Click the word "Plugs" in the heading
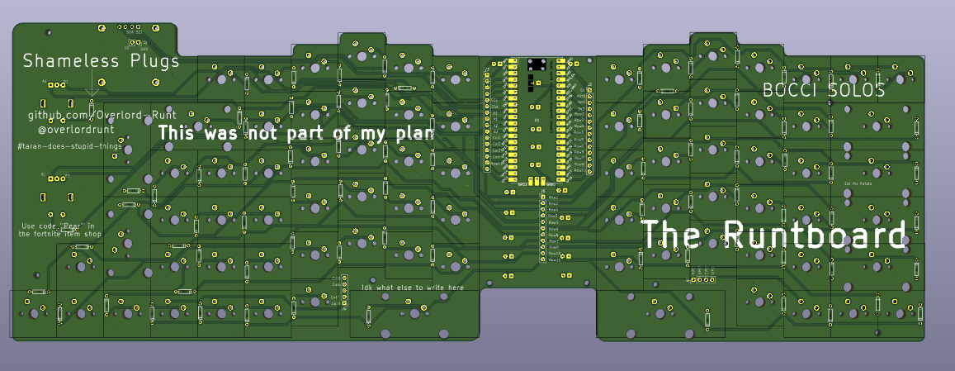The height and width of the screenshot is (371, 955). [x=152, y=61]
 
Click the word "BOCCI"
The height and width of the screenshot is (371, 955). [x=789, y=90]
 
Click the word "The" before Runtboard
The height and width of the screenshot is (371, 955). [x=672, y=236]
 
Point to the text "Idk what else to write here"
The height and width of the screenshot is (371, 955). [x=413, y=288]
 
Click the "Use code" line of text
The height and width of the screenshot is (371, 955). [x=58, y=226]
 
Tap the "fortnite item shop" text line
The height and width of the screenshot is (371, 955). [x=59, y=234]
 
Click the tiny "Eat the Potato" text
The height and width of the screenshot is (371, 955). [x=858, y=183]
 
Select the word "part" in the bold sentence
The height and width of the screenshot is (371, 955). [x=309, y=132]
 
